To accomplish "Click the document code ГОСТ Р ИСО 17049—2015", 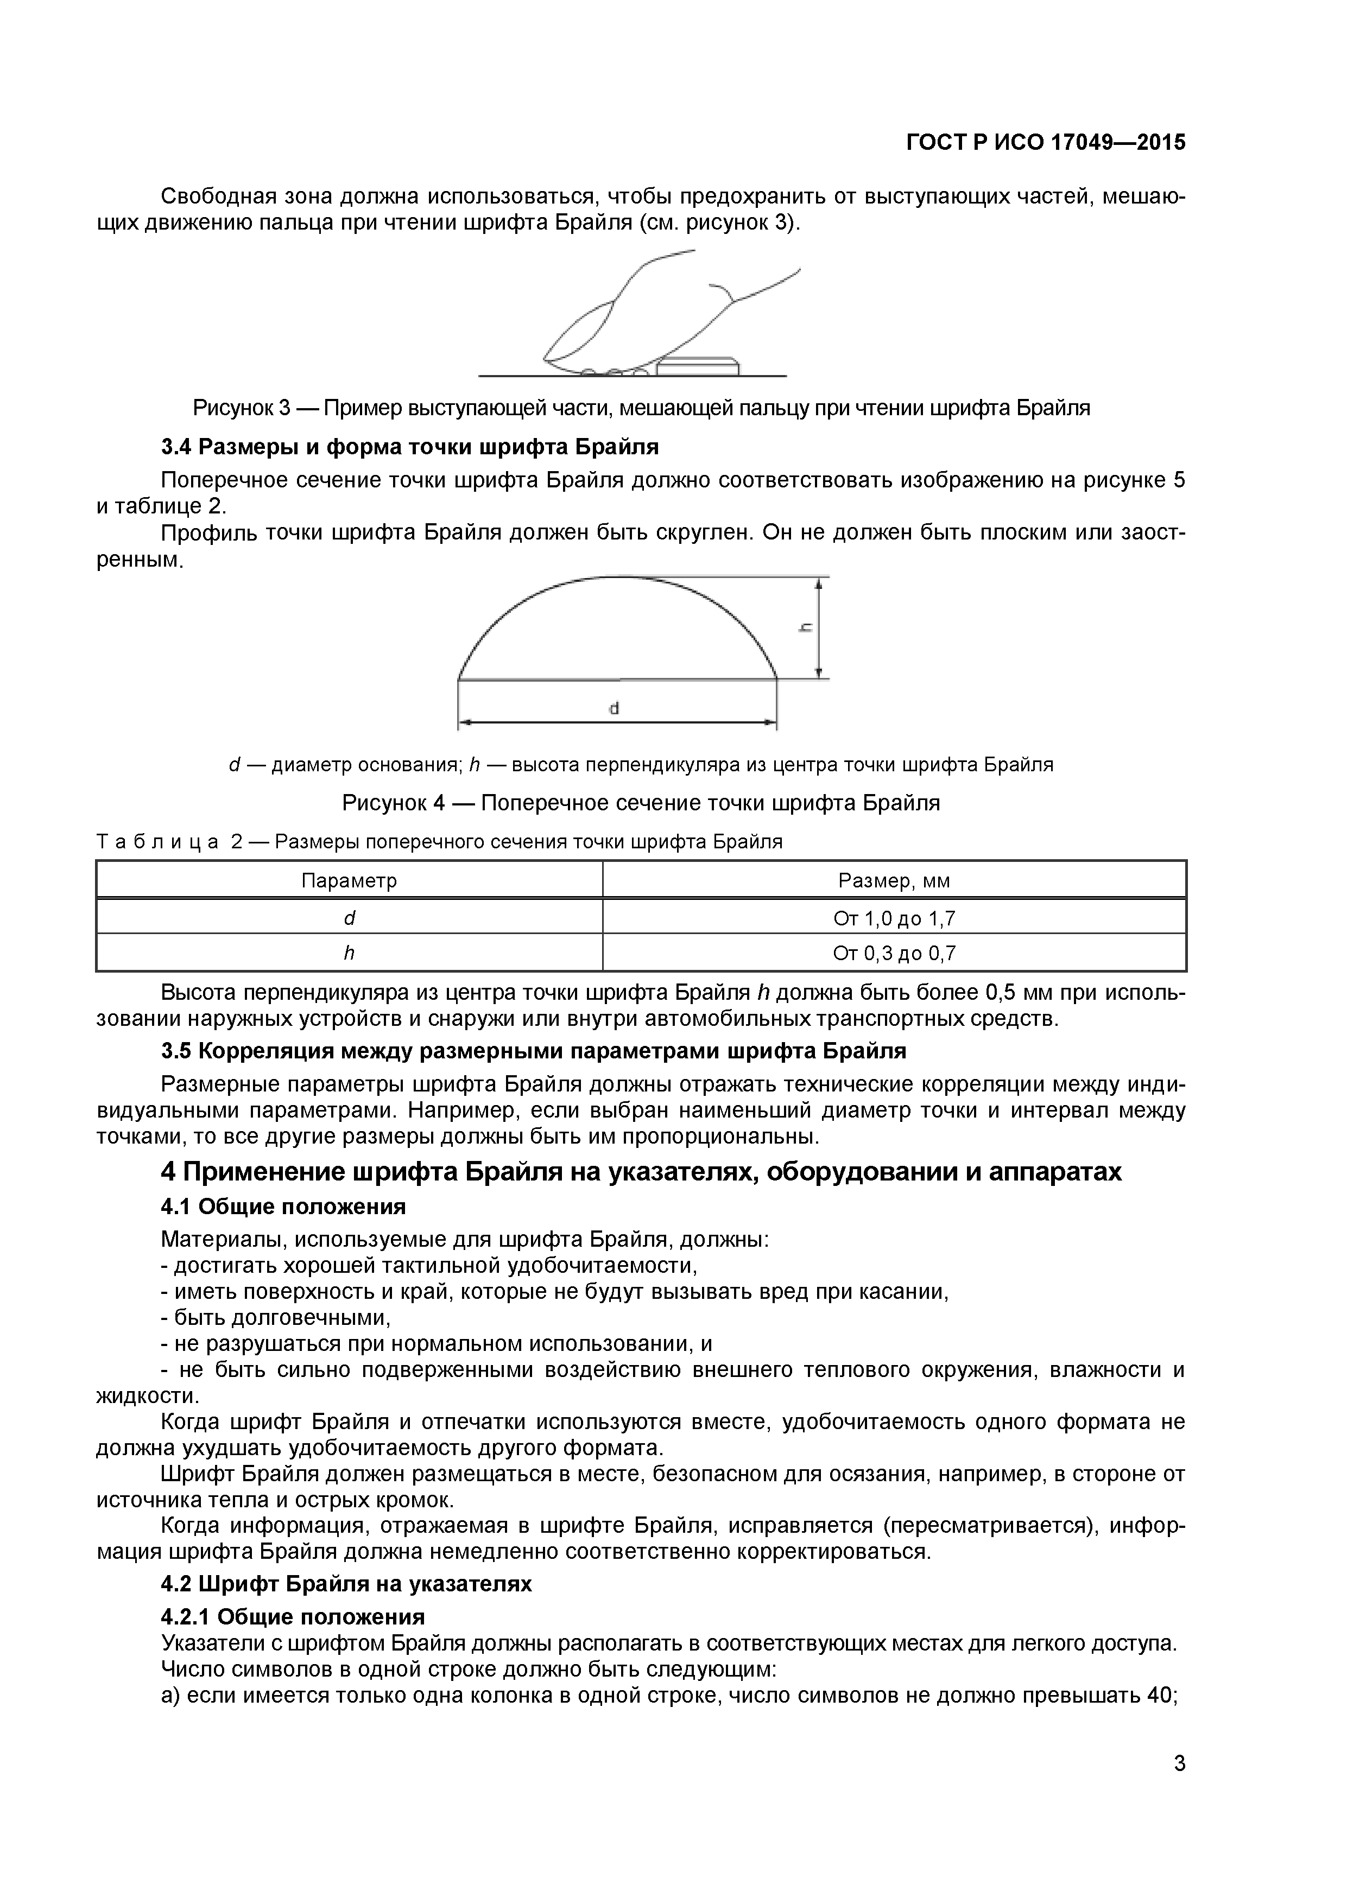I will tap(1045, 143).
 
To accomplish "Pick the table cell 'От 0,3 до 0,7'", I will tap(894, 954).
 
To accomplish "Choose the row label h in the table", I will tap(349, 954).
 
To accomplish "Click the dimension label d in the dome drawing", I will tap(615, 708).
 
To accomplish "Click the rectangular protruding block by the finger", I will tap(697, 366).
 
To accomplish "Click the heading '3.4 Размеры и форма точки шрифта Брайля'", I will tap(410, 447).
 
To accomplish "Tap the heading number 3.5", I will tap(176, 1051).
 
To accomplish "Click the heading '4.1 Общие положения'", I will tap(283, 1206).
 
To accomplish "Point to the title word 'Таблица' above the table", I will tap(157, 842).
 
